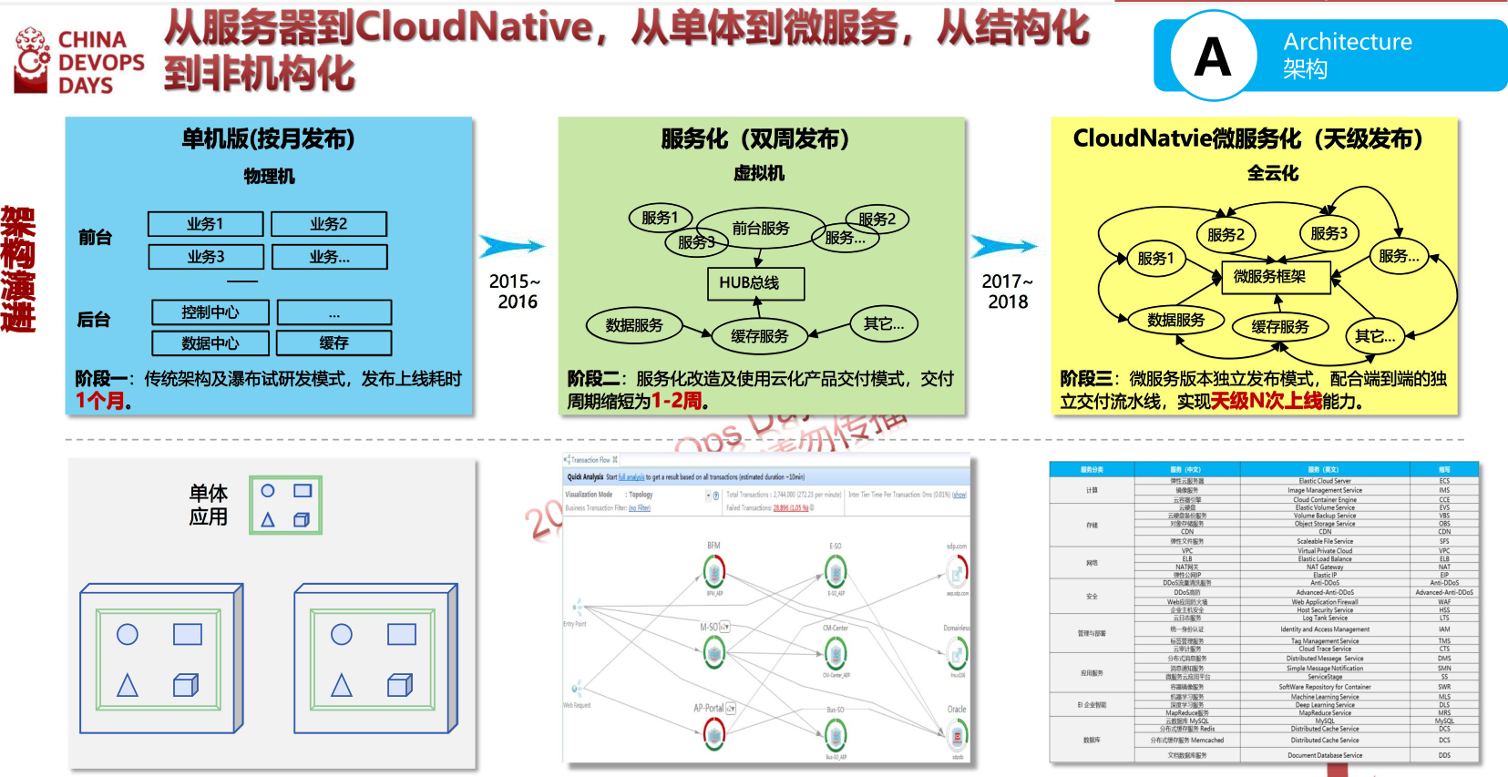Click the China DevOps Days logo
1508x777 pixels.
click(x=79, y=61)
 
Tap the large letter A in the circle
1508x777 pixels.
click(x=1213, y=56)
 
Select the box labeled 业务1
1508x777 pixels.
click(x=206, y=224)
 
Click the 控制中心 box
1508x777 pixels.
click(x=210, y=312)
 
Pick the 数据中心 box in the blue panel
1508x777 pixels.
click(x=210, y=343)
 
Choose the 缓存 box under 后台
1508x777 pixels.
click(x=333, y=343)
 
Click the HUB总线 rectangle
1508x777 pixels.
click(x=755, y=283)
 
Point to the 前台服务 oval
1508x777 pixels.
click(x=761, y=229)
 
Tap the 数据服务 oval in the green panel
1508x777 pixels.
click(x=634, y=325)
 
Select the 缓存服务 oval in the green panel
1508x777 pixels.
click(x=760, y=336)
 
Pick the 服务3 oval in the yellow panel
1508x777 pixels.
click(x=1328, y=233)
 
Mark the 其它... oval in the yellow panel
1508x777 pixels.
click(x=1375, y=336)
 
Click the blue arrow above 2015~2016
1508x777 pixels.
click(x=513, y=247)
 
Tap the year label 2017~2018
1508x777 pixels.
click(x=1008, y=291)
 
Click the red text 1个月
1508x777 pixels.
click(x=103, y=401)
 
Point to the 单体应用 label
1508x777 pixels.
click(x=209, y=505)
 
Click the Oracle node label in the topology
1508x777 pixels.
click(x=957, y=710)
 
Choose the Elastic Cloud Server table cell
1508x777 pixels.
click(x=1324, y=481)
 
